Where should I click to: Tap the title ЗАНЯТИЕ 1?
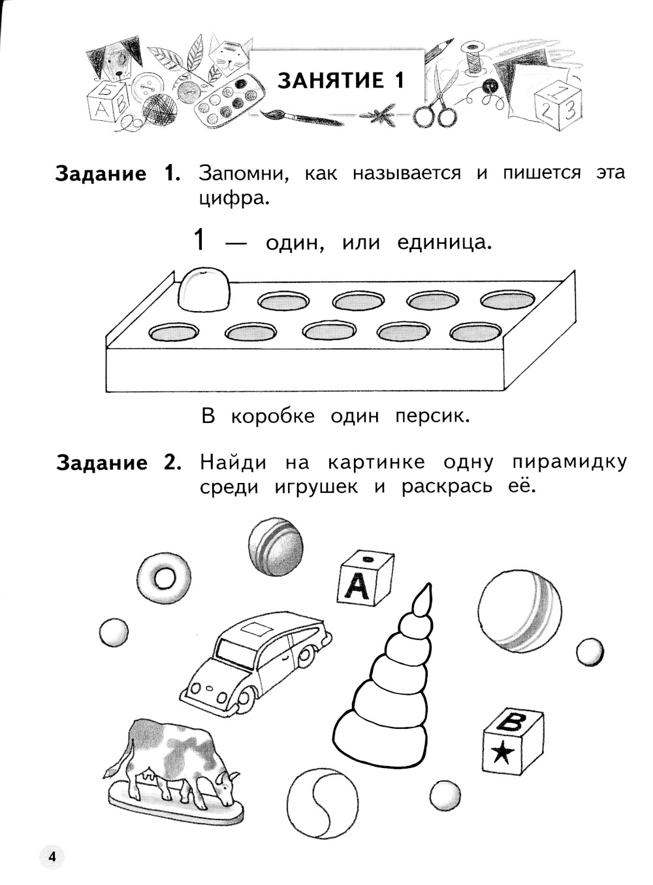342,80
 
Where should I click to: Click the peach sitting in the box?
205,288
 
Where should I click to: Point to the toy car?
255,660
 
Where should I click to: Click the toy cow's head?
227,785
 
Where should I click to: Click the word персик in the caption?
432,416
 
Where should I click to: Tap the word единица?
445,242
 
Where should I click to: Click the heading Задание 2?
119,463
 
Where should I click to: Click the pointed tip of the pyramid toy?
427,584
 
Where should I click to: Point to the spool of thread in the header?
473,58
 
